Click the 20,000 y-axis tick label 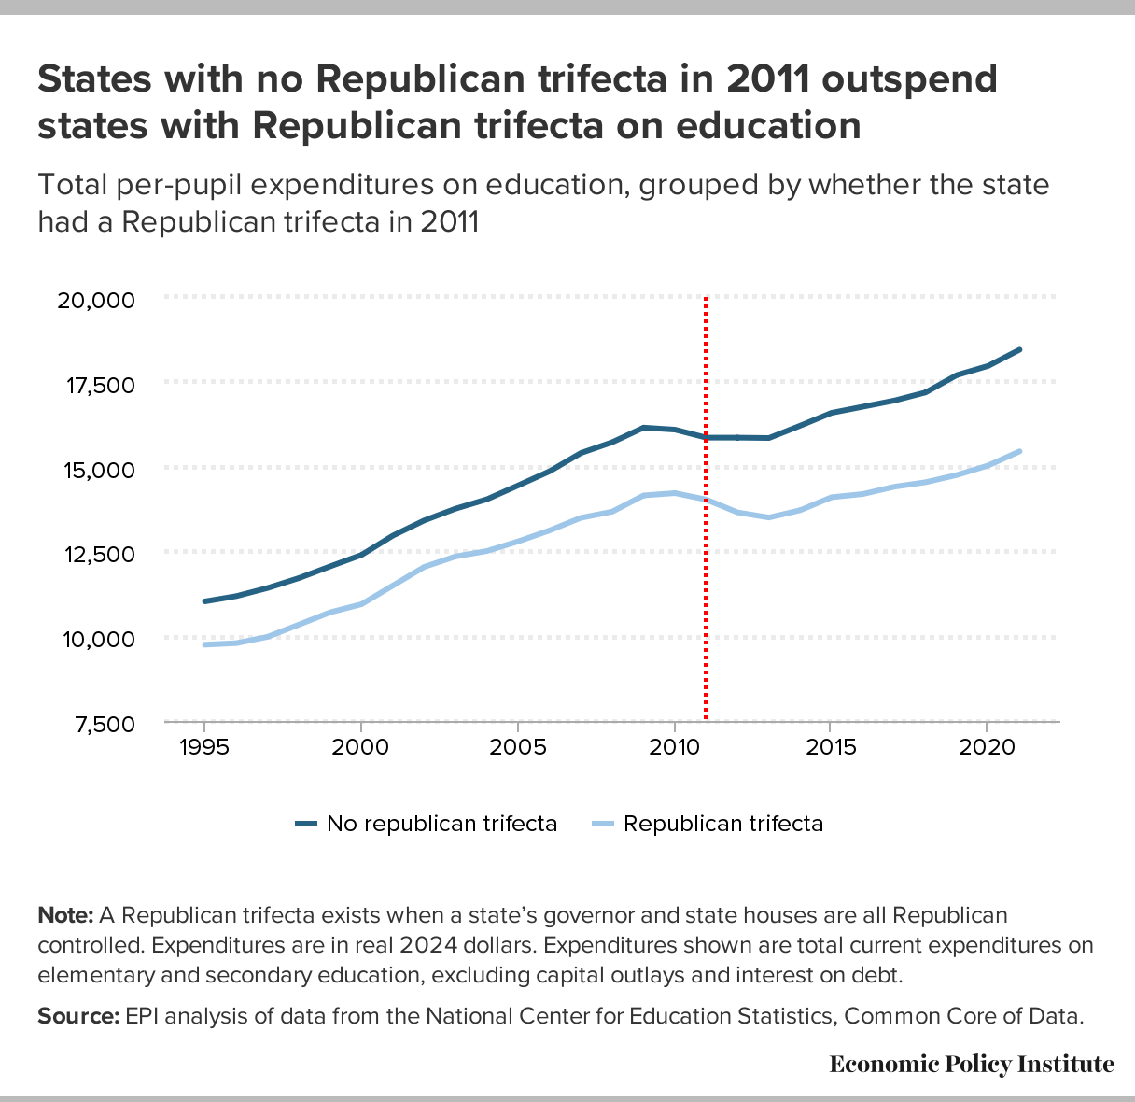(97, 300)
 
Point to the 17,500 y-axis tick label (97, 385)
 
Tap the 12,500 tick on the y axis (97, 554)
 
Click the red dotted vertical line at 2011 (706, 560)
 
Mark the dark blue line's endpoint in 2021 (1019, 349)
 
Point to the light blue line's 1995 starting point (204, 644)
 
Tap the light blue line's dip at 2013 (768, 517)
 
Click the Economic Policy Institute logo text (971, 1064)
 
